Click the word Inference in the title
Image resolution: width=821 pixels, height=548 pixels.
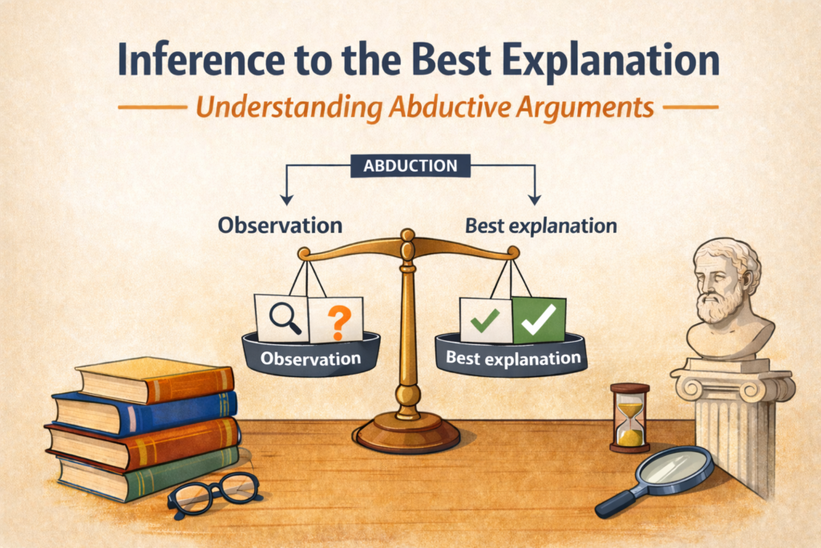(201, 59)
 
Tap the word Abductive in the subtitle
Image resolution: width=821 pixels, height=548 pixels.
(450, 107)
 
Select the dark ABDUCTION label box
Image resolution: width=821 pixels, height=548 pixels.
(410, 165)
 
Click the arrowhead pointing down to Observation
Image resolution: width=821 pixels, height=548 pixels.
(286, 199)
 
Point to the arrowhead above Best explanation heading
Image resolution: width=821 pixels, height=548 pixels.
(534, 199)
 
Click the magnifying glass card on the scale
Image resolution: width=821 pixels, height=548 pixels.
(282, 318)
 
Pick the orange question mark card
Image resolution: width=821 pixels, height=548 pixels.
(336, 319)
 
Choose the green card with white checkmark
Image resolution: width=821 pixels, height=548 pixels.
(539, 319)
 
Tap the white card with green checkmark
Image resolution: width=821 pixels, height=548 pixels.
(486, 320)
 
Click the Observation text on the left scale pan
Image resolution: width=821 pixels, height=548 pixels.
(310, 359)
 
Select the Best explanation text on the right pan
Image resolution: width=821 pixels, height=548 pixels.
(513, 358)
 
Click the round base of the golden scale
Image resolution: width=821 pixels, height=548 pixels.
(407, 432)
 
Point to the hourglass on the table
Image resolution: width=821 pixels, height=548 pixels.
(629, 417)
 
